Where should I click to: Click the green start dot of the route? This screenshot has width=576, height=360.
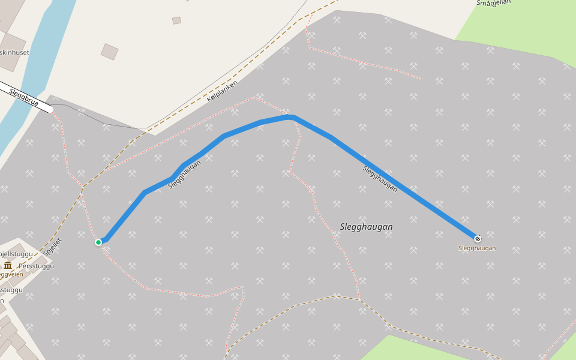coord(98,242)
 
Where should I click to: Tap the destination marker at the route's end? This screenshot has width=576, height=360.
coord(478,239)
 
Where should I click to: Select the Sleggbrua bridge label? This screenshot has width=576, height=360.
coord(24,98)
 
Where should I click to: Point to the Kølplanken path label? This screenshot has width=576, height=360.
coord(223,91)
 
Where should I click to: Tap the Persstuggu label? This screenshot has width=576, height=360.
coord(37,266)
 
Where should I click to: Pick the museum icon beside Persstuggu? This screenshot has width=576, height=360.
coord(8,265)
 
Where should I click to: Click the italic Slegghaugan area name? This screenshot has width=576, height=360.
coord(366,227)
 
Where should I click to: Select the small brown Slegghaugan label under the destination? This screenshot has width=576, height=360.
coord(477,248)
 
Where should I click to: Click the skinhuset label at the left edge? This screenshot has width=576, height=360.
coord(14,53)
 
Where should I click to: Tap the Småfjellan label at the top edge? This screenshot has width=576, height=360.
coord(493,3)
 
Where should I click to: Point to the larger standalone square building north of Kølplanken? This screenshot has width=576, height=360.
coord(109,52)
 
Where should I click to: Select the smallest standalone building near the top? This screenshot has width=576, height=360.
coord(176,20)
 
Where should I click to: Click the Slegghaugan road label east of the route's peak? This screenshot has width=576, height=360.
coord(380,178)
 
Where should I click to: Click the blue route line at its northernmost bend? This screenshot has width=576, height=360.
coord(289,116)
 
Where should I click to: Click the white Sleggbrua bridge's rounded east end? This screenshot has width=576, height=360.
coord(50,110)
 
